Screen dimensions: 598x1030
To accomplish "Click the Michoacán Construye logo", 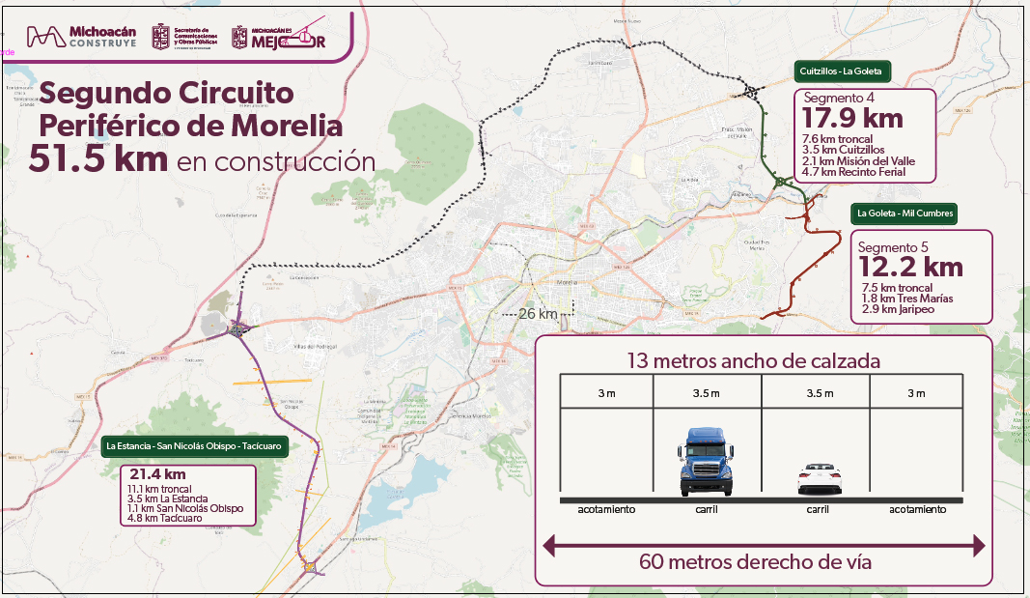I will [81, 37].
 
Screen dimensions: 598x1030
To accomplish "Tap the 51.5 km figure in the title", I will [97, 159].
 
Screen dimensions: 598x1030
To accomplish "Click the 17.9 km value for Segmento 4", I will [852, 118].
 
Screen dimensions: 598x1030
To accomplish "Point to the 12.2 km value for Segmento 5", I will [910, 266].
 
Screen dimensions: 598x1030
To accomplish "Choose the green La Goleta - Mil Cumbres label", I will [904, 213].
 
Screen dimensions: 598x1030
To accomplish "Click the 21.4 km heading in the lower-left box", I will [156, 474].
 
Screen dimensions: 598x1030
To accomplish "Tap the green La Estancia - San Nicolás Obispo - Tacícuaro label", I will [198, 446].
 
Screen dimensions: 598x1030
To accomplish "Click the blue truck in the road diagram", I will [708, 462].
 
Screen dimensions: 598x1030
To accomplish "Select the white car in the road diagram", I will [819, 478].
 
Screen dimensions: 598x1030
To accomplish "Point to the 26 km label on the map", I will [538, 314].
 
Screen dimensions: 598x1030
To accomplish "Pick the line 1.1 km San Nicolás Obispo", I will [185, 508].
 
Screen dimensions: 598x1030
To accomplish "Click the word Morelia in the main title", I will [287, 127].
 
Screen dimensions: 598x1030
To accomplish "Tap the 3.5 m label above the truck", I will [708, 393].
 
